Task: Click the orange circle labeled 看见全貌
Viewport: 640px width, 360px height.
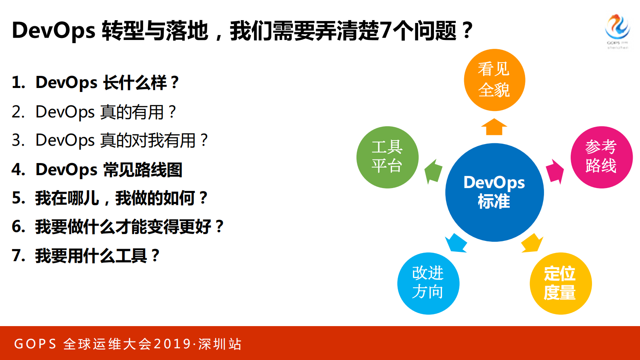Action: tap(494, 80)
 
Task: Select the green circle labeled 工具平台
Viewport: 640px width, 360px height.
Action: tap(387, 157)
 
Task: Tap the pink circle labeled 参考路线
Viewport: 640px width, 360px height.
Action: tap(601, 157)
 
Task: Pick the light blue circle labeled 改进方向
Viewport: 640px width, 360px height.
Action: tap(428, 283)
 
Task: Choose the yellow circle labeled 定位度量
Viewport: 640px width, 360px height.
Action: tap(560, 283)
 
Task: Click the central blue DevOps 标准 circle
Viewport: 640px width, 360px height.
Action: tap(494, 193)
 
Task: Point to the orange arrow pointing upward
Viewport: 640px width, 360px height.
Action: tap(494, 127)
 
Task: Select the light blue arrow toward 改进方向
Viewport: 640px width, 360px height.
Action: tap(456, 243)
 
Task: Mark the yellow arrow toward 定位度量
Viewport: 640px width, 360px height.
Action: tap(532, 243)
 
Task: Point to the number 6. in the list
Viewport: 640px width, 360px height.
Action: tap(19, 227)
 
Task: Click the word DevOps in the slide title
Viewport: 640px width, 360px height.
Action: tap(53, 31)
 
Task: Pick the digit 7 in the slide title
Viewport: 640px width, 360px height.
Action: tap(386, 31)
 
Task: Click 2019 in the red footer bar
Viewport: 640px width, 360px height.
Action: tap(172, 344)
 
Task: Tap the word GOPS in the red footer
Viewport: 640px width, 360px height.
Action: tap(35, 344)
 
